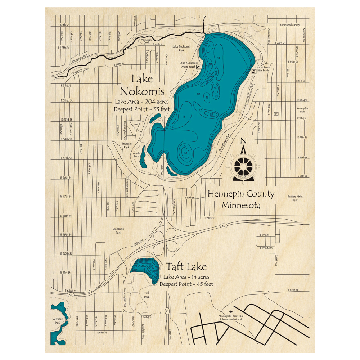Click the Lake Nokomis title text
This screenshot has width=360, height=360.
142,85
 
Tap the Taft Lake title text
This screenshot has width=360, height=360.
186,267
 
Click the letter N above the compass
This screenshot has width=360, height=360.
243,141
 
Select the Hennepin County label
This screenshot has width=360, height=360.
241,194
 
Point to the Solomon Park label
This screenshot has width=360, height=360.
118,231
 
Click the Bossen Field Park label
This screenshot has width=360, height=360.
295,198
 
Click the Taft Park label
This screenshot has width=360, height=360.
147,295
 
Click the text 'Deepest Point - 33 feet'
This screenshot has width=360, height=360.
142,109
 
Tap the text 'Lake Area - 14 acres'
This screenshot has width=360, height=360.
186,277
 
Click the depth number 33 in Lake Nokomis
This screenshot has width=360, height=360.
211,114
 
